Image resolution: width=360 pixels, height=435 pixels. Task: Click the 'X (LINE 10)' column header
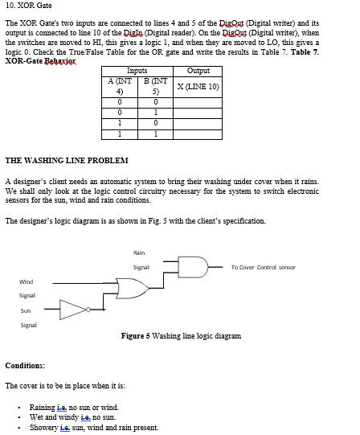tap(198, 86)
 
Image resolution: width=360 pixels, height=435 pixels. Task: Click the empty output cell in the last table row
tap(198, 133)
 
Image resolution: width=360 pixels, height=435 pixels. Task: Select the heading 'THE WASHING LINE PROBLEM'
tap(66, 161)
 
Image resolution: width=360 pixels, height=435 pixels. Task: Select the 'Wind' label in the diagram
tap(27, 281)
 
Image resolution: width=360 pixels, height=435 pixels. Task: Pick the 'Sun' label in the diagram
tap(26, 310)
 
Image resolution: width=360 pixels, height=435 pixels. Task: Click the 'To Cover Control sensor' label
tap(263, 267)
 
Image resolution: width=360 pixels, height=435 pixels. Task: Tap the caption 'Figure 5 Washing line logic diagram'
tap(181, 335)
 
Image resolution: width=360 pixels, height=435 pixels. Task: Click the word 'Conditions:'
tap(25, 365)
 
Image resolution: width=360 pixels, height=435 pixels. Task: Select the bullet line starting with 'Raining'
tap(73, 408)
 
